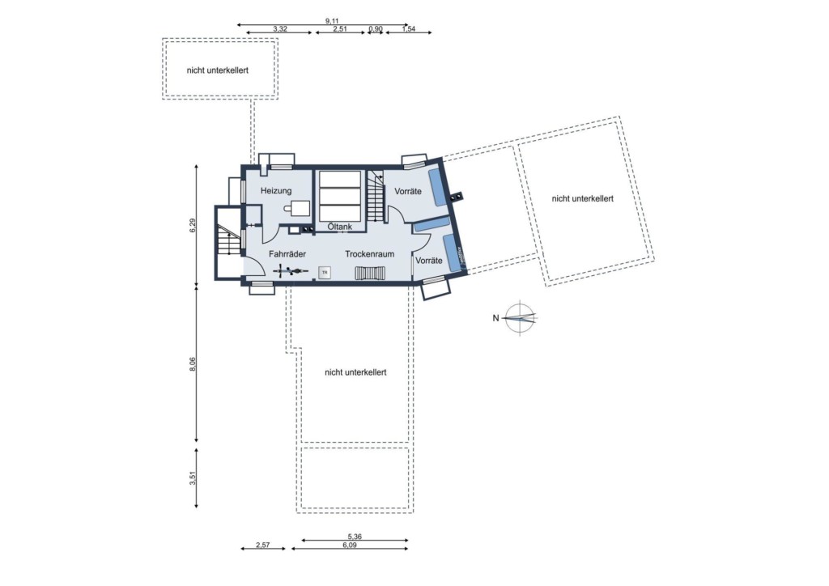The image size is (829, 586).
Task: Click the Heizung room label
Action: [x=276, y=191]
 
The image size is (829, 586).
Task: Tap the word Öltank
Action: [x=339, y=227]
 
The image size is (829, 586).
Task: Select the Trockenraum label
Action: [x=369, y=254]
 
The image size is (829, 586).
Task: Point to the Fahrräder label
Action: [x=287, y=254]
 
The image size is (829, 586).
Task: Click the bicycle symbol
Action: [x=291, y=271]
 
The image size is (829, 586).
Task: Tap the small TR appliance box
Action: [x=325, y=273]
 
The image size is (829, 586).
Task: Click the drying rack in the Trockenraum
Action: [x=369, y=274]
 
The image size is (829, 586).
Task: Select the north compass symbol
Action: [x=520, y=317]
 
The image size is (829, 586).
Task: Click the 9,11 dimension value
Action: [x=332, y=21]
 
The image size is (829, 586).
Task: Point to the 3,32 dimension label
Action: [x=280, y=29]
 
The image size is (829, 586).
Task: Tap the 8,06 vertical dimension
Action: [x=193, y=364]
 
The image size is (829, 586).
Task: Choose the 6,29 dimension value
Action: [x=193, y=226]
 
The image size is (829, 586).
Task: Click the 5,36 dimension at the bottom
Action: [x=355, y=537]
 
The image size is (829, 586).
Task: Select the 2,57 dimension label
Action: [x=263, y=545]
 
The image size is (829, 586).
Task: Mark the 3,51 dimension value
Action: [x=193, y=478]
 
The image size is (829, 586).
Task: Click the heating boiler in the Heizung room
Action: [x=299, y=208]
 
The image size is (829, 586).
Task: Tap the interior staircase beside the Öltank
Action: [x=375, y=197]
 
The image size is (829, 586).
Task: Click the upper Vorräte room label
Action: [x=408, y=191]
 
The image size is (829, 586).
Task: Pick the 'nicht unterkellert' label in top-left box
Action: [x=217, y=70]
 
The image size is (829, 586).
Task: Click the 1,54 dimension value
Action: [x=409, y=29]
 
